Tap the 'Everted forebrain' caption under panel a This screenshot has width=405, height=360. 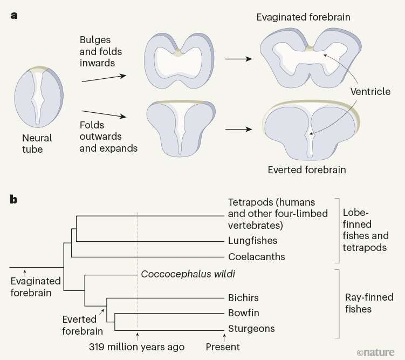click(x=306, y=169)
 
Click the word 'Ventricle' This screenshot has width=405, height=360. click(x=370, y=91)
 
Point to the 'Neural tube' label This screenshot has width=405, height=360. click(x=37, y=144)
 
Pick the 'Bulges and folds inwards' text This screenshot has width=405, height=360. click(x=101, y=52)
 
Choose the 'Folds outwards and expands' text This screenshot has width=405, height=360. click(x=108, y=137)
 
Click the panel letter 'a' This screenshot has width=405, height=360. click(x=14, y=15)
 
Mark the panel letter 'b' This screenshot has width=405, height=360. click(x=14, y=200)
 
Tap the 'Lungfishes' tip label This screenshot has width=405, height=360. click(x=252, y=241)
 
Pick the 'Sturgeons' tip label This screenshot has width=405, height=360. click(x=251, y=328)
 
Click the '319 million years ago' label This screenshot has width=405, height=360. click(x=137, y=347)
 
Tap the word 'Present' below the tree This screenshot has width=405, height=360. click(x=223, y=347)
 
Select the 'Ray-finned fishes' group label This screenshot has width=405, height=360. click(x=369, y=303)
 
